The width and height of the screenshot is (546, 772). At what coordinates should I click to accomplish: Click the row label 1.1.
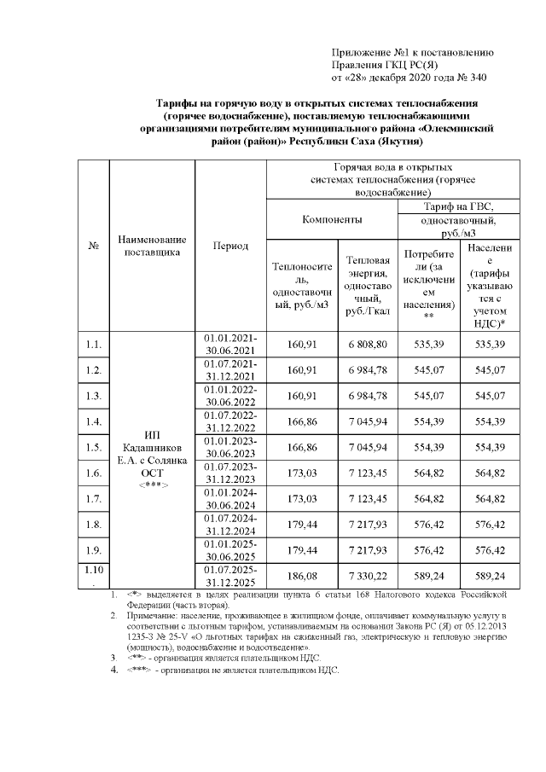(x=94, y=344)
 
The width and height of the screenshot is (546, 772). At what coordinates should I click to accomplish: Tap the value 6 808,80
(x=368, y=344)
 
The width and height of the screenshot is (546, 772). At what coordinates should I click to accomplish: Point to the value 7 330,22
(x=368, y=575)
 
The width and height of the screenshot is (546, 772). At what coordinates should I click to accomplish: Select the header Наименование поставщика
(x=153, y=246)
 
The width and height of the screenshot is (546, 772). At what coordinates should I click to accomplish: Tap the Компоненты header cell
(x=332, y=220)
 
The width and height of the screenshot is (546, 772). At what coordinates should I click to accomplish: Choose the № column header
(x=94, y=246)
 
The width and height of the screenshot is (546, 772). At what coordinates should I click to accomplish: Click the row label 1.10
(x=94, y=572)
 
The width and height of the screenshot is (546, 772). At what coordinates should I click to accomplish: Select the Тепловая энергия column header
(x=368, y=285)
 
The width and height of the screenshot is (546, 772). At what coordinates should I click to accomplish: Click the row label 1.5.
(x=94, y=447)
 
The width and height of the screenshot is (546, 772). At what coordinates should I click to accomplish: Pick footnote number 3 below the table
(x=113, y=658)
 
